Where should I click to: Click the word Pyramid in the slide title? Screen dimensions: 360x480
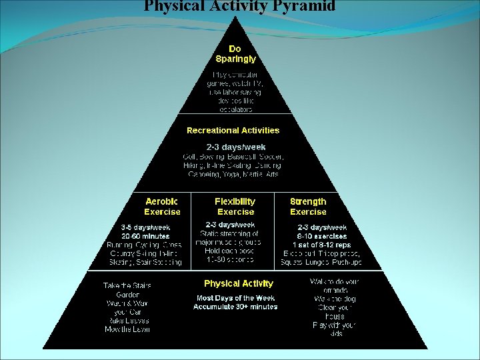pos(302,7)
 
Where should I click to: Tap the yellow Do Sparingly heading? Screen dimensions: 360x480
pos(235,54)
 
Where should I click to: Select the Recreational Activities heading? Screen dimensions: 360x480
pos(233,131)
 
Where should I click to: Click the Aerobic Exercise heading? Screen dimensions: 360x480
pos(162,207)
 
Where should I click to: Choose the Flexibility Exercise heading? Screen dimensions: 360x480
pos(235,207)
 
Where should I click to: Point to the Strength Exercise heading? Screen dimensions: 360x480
pos(308,207)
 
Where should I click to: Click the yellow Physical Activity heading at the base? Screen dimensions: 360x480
pos(238,284)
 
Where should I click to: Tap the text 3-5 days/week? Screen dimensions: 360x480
pos(145,227)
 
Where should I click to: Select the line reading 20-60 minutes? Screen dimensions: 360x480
pos(145,236)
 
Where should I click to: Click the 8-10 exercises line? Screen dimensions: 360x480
pos(322,236)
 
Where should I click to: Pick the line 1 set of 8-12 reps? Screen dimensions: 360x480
pos(322,245)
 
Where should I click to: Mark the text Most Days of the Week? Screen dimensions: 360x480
pos(235,298)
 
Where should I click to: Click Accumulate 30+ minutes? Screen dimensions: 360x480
pos(235,307)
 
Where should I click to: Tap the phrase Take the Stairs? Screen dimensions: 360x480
pos(127,285)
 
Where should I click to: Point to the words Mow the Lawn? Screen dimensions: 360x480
pos(127,329)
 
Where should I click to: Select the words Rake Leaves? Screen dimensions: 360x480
pos(127,321)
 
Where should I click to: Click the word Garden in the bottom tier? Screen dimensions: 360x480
pos(127,294)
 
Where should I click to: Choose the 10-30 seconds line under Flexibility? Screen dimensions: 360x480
pos(229,259)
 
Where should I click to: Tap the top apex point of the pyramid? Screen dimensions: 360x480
pos(235,17)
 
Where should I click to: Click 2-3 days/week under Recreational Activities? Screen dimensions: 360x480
pos(235,147)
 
